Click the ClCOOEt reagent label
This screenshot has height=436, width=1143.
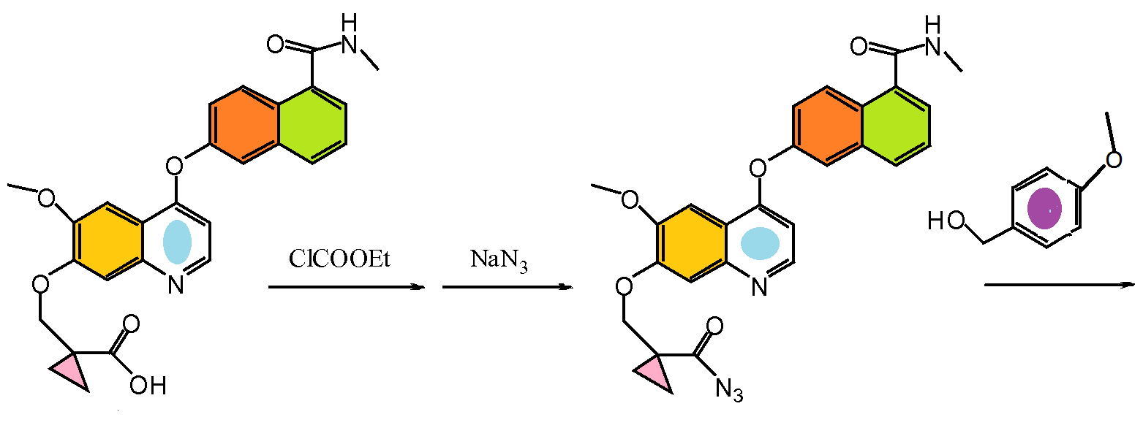pyautogui.click(x=339, y=259)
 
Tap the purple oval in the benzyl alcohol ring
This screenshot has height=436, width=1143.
pyautogui.click(x=1044, y=208)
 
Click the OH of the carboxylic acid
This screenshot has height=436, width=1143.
pyautogui.click(x=148, y=385)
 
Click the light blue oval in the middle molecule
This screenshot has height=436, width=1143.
pyautogui.click(x=761, y=243)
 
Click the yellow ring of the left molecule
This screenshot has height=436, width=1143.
pyautogui.click(x=107, y=240)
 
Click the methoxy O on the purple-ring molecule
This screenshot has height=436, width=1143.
pyautogui.click(x=1113, y=159)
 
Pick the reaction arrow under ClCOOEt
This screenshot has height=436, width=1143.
pyautogui.click(x=346, y=287)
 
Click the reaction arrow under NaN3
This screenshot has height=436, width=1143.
pyautogui.click(x=507, y=287)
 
